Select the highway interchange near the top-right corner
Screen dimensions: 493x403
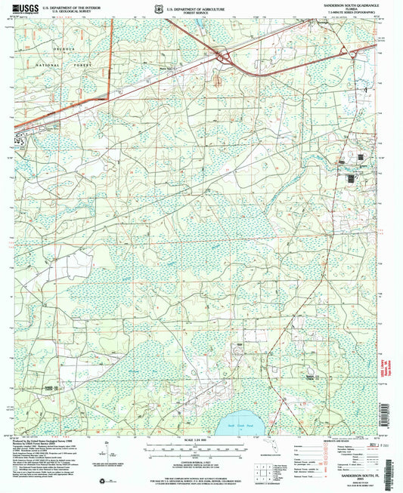point(352,51)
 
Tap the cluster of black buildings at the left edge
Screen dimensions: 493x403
point(20,139)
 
